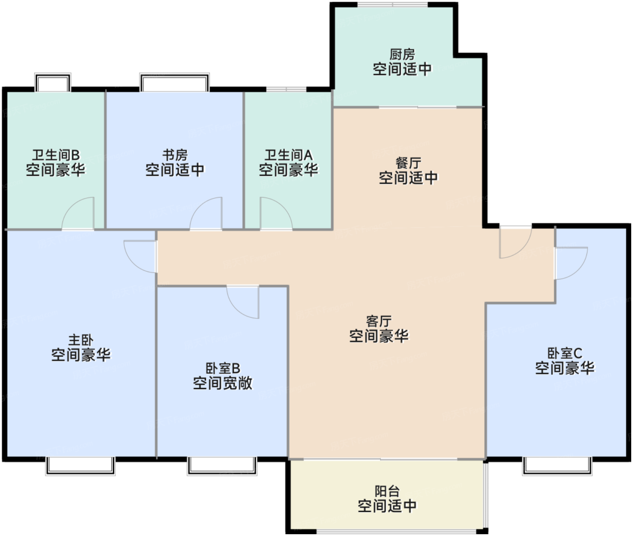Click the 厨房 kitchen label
coord(402,55)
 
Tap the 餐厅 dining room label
coord(408,163)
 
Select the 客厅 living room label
coord(379,321)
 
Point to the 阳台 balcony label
coord(387,491)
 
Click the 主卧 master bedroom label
coord(81,340)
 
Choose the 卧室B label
coord(222,368)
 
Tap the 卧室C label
coord(564,353)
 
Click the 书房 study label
coord(175,155)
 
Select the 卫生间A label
coord(288,155)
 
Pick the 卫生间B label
coord(56,155)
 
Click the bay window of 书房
coord(175,82)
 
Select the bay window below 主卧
coord(80,466)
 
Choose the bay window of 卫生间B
coord(52,82)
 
